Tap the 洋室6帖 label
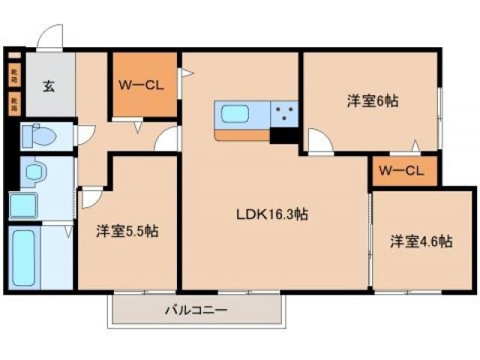click(x=372, y=100)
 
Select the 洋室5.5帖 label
click(x=126, y=231)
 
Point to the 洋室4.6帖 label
click(x=420, y=241)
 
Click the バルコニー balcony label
click(x=196, y=309)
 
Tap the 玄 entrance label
click(x=48, y=86)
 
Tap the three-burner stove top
click(x=284, y=115)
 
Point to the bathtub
click(x=24, y=257)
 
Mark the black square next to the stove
click(x=283, y=136)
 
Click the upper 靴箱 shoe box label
click(x=14, y=74)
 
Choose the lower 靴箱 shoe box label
click(x=14, y=102)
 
